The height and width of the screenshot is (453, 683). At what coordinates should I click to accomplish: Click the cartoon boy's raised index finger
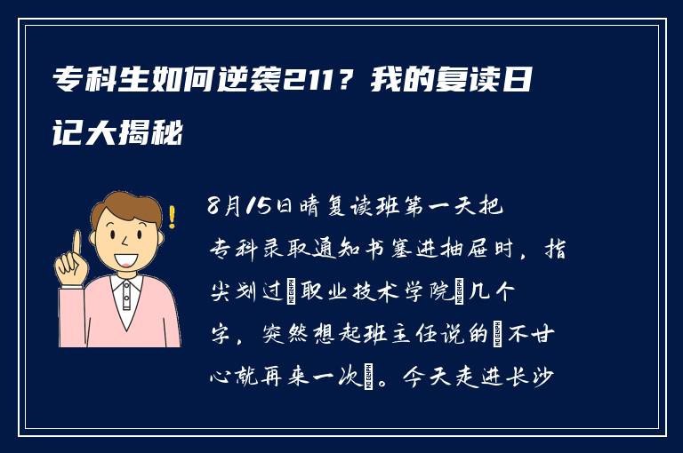pyautogui.click(x=76, y=242)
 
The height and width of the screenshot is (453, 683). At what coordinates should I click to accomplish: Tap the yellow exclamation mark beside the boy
pyautogui.click(x=172, y=216)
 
